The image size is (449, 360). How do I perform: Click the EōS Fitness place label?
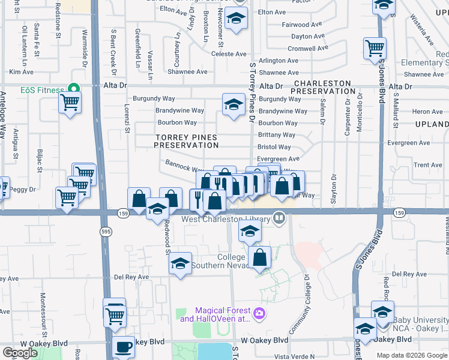click(x=42, y=90)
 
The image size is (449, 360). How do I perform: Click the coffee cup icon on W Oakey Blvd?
click(x=124, y=347)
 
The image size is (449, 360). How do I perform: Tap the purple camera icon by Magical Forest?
click(x=259, y=313)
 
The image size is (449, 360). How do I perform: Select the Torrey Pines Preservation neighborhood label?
click(x=187, y=141)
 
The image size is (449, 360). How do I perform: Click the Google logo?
click(x=20, y=353)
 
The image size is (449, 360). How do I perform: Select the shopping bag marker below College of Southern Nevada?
click(x=259, y=258)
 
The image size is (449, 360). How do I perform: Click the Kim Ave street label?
click(x=21, y=72)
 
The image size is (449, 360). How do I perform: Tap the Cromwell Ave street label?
click(x=308, y=49)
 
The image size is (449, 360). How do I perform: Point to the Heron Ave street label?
click(x=427, y=112)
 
